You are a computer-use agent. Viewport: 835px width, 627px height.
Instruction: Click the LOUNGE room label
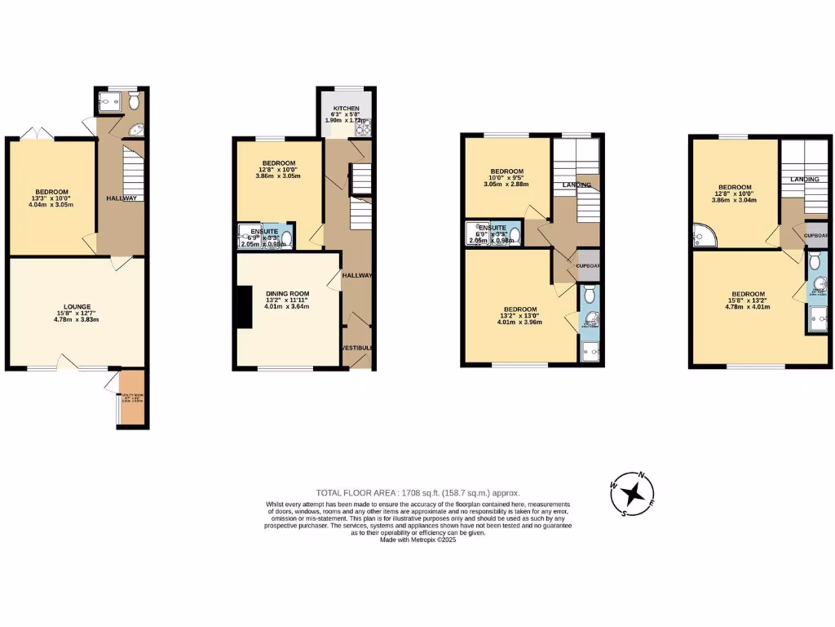74,306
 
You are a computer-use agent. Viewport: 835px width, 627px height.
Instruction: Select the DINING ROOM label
287,293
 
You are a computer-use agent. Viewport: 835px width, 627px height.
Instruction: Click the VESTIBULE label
357,348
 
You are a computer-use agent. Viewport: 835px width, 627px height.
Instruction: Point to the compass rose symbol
633,494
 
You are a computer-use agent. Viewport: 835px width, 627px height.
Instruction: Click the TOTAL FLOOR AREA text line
417,493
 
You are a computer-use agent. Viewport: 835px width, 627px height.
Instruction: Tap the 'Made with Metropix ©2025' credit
417,540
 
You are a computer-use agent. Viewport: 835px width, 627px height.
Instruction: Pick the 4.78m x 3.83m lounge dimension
74,320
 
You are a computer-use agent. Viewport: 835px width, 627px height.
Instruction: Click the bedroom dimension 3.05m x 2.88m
506,185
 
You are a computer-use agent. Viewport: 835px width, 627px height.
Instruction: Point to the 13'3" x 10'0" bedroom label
51,198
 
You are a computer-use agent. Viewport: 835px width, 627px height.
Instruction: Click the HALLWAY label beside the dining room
357,276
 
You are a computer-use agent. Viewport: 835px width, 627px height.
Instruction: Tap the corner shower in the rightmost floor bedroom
700,235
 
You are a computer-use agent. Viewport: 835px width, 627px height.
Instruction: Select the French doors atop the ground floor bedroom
32,133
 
